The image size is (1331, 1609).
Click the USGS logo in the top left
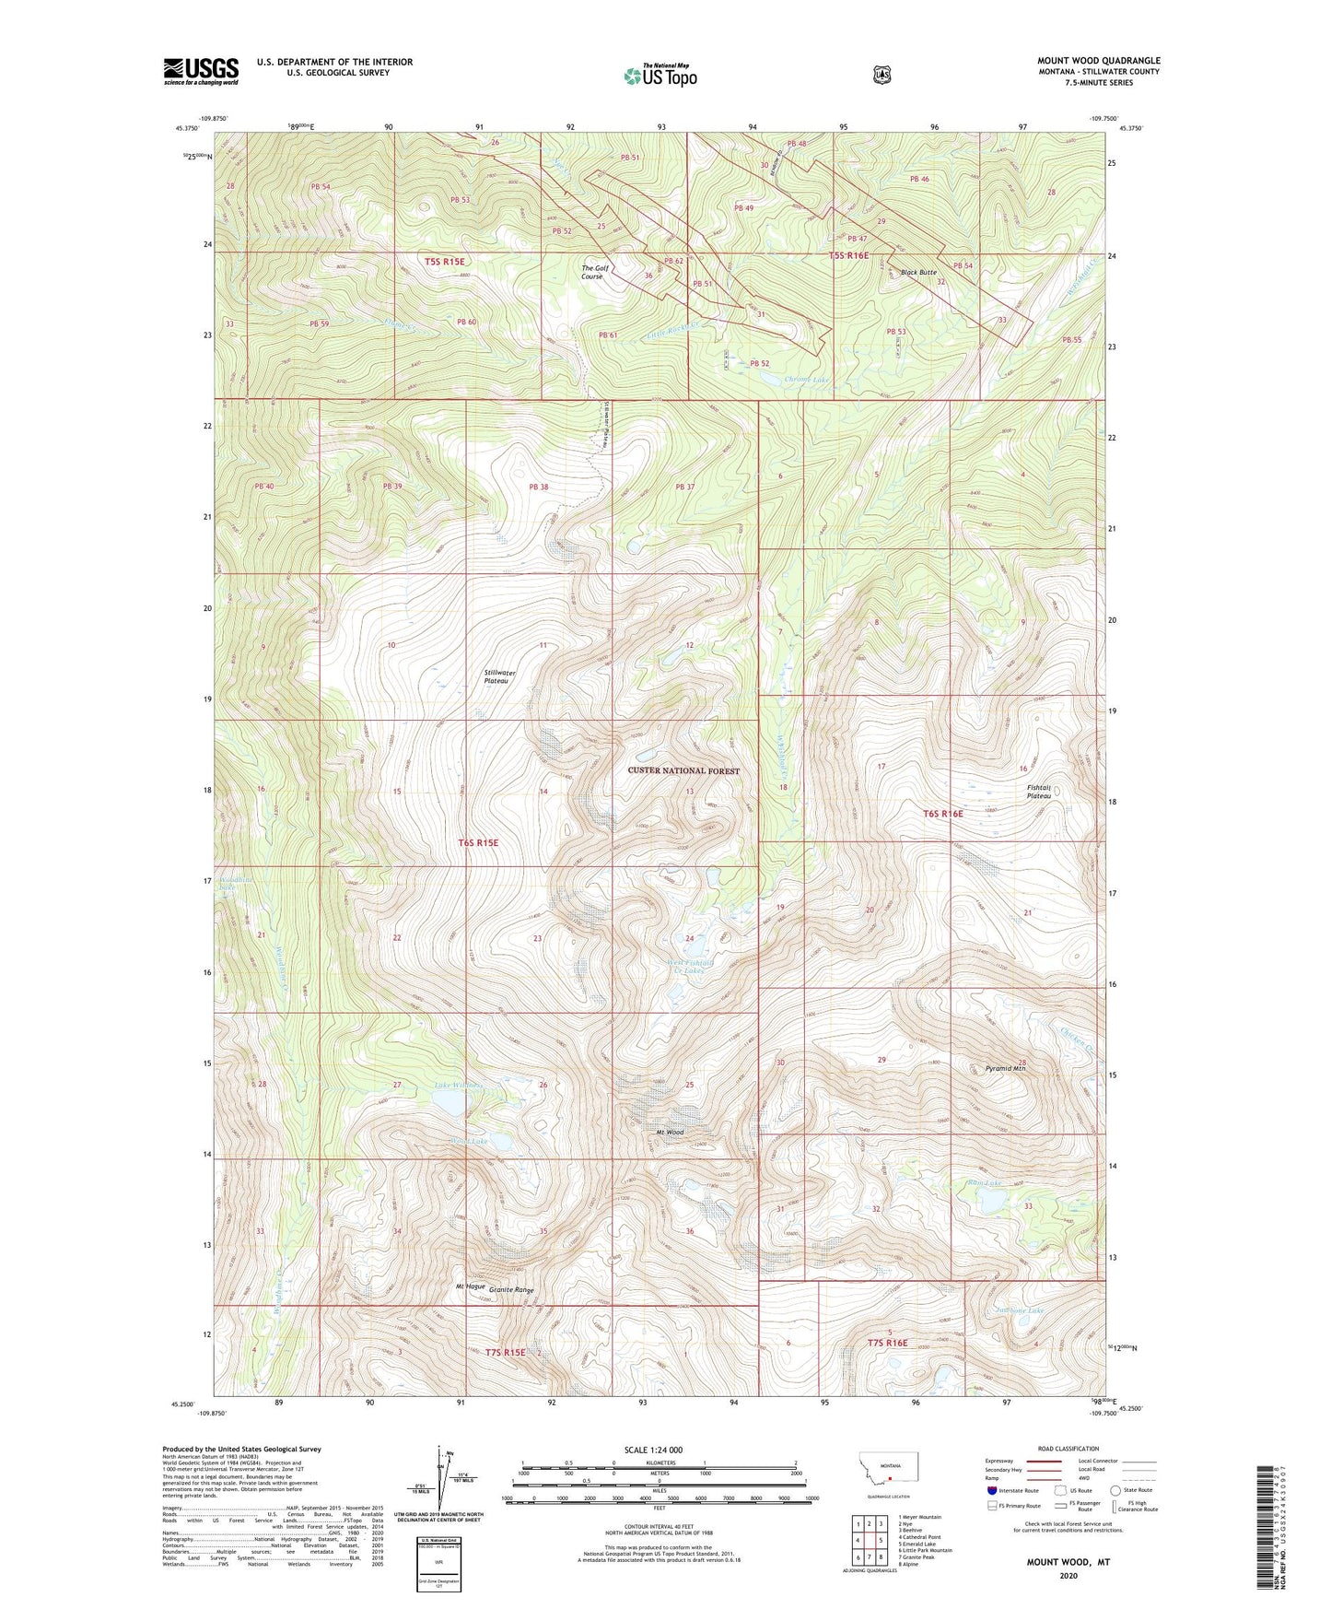tap(201, 71)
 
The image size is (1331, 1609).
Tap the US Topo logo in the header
tap(659, 76)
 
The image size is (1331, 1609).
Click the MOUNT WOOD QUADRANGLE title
tap(1098, 61)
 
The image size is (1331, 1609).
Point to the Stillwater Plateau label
tap(499, 676)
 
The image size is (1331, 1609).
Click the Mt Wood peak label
tap(670, 1132)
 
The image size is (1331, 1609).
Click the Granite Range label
tap(511, 1290)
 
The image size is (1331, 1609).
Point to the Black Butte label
tap(918, 273)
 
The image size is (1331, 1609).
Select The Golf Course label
tap(592, 272)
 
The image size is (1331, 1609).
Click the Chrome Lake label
tap(807, 380)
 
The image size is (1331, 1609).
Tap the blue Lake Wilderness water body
tap(450, 1102)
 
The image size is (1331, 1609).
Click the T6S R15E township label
tap(485, 842)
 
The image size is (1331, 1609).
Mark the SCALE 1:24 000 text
tap(653, 1450)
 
